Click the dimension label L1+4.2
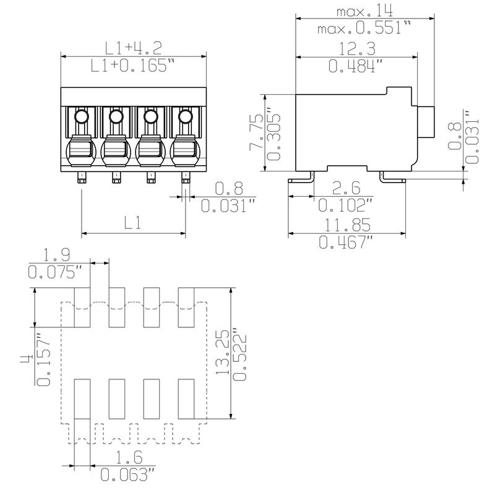click(x=132, y=47)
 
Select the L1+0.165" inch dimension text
click(x=132, y=66)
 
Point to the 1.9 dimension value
click(x=56, y=253)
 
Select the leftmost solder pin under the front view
click(x=82, y=179)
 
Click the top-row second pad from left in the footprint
click(x=118, y=308)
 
